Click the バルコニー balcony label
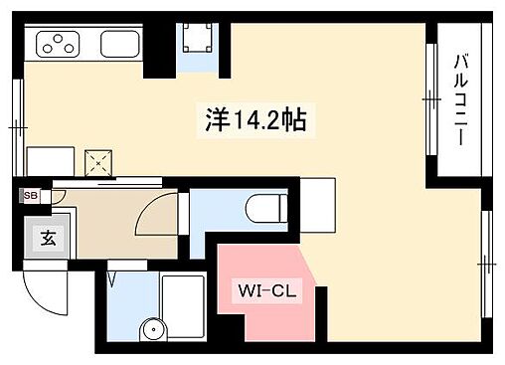coord(461,99)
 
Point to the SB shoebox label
coord(30,196)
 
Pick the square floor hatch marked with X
coord(99,161)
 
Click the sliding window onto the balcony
coord(430,99)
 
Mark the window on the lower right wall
coord(485,264)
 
